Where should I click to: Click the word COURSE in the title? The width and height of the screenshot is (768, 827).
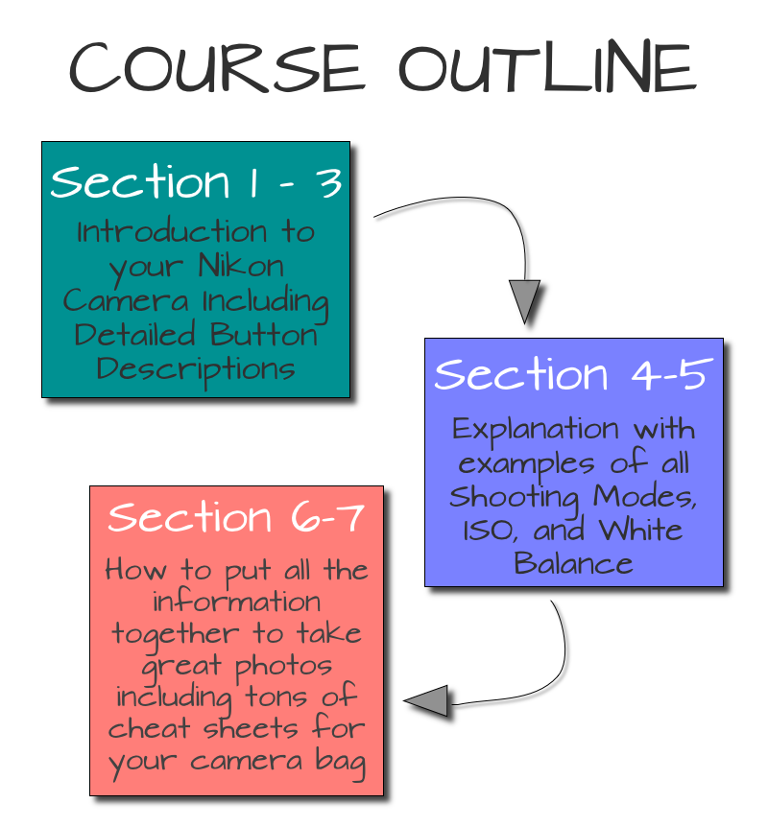216,66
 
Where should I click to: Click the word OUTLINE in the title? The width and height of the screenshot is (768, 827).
548,66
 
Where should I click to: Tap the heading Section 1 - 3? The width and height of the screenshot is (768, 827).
197,181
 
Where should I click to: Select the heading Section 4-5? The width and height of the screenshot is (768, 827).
574,374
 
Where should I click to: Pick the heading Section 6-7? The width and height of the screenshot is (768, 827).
236,516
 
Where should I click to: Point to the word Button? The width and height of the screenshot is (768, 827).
264,335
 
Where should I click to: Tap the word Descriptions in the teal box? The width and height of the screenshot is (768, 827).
196,370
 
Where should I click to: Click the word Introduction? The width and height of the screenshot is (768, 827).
172,231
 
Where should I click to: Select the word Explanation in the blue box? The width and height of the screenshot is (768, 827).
536,430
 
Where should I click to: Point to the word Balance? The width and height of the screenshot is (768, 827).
574,563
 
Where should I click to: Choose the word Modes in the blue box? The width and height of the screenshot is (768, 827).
644,496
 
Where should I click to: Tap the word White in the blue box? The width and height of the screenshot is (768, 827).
640,530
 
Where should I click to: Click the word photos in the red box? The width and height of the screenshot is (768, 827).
283,666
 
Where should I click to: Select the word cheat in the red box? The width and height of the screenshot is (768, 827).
150,729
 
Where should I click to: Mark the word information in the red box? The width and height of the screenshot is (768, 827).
236,602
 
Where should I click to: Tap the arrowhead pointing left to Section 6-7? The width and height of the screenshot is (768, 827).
426,701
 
